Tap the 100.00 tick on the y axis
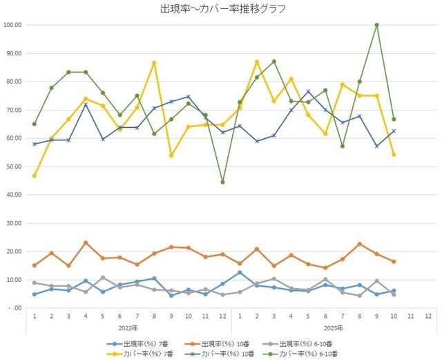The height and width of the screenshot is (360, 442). click(x=13, y=25)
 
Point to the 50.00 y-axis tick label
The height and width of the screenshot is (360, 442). click(x=13, y=167)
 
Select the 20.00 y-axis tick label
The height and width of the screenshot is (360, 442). click(x=13, y=252)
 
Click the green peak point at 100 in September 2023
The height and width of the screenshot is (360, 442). click(x=376, y=25)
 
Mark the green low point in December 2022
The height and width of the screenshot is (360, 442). click(x=222, y=182)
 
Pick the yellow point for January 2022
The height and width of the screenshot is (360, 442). click(x=35, y=176)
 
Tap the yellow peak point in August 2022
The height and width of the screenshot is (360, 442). click(x=154, y=63)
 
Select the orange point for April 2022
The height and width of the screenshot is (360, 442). click(x=86, y=243)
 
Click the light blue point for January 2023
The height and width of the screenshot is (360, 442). click(x=240, y=272)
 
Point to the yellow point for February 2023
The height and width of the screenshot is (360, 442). click(x=257, y=62)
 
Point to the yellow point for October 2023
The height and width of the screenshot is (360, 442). click(x=394, y=155)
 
